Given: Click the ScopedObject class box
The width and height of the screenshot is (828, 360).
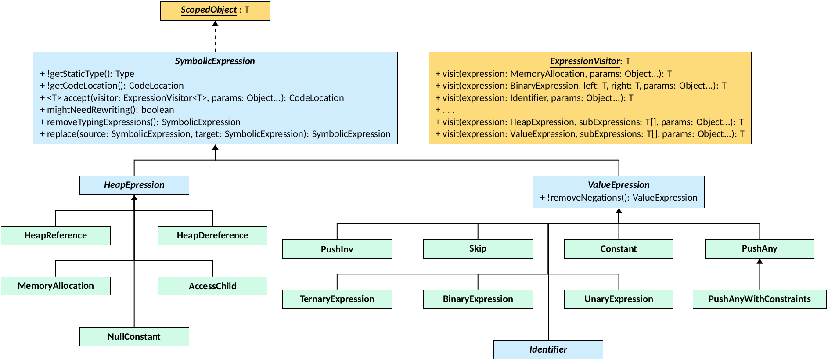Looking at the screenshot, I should pos(215,11).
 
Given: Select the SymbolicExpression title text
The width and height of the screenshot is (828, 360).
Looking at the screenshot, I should pos(215,61).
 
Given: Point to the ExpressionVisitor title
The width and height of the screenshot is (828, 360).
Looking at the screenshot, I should pos(590,61).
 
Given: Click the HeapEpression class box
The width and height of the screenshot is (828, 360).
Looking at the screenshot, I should pos(134,185).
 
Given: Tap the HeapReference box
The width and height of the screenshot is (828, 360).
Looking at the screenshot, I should pos(56,235).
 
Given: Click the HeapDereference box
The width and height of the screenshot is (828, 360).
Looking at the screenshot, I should pos(212,235).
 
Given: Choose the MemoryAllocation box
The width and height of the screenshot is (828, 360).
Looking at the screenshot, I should pos(56,286).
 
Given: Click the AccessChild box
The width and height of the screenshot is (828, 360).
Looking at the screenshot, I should pos(212,286).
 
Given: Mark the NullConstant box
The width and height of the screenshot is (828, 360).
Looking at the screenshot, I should pos(134,337).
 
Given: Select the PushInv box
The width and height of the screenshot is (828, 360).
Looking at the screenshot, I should pos(337,249).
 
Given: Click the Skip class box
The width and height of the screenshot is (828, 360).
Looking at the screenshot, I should pos(478,248).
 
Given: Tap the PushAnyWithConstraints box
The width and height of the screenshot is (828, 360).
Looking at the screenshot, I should pos(759,299).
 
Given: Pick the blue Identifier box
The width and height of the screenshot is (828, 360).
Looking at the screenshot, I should pos(548,349).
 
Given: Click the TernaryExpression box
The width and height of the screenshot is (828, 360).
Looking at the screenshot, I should pos(337,299).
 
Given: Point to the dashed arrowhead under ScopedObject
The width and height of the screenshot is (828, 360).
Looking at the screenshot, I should pos(215,24).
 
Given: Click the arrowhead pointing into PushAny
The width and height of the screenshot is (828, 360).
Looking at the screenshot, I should pos(760,261).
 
